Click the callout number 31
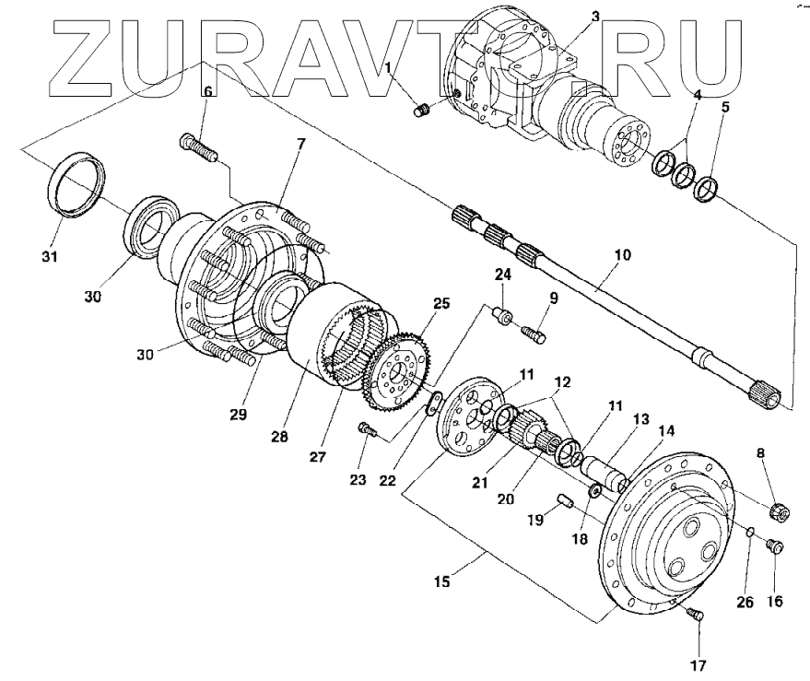pyautogui.click(x=50, y=255)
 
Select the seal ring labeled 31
pyautogui.click(x=77, y=185)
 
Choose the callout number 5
pyautogui.click(x=725, y=107)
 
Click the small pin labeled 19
pyautogui.click(x=565, y=502)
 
